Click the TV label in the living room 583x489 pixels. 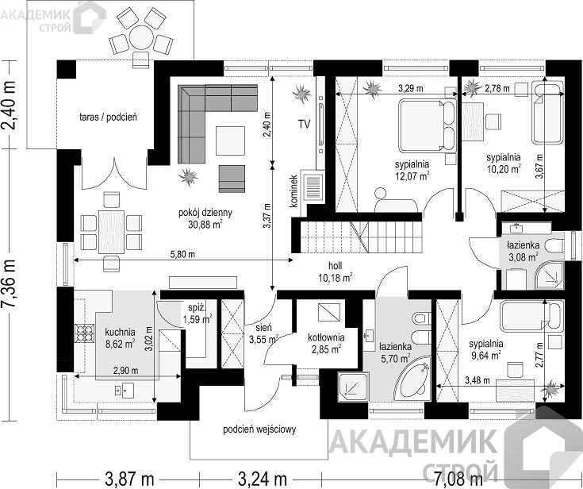click(x=304, y=124)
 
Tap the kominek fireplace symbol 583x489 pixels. click(x=313, y=187)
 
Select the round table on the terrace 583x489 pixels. click(x=141, y=37)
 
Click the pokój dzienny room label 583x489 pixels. click(x=205, y=213)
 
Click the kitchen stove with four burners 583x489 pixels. click(x=84, y=333)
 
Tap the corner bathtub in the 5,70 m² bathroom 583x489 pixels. click(x=412, y=379)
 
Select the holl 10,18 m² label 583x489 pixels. click(x=335, y=271)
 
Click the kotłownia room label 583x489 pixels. click(x=326, y=337)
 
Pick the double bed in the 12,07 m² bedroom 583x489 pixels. click(x=427, y=125)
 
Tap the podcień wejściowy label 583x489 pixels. click(x=259, y=429)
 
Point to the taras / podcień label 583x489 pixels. click(x=108, y=117)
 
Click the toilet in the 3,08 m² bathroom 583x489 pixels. click(x=554, y=246)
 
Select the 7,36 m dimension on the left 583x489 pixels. click(x=10, y=283)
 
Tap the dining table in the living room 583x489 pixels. click(x=111, y=232)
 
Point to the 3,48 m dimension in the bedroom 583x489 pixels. click(x=478, y=380)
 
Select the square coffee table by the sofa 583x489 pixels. click(x=231, y=141)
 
